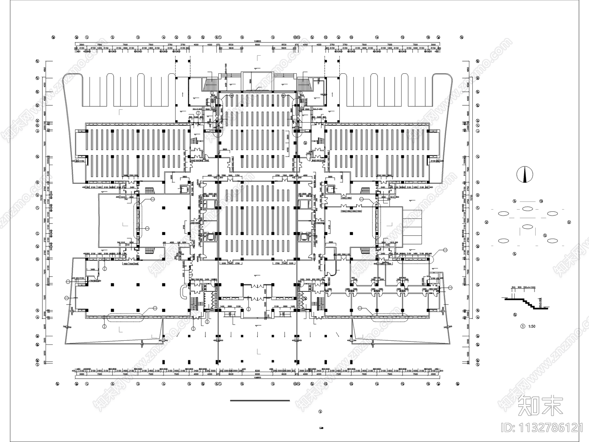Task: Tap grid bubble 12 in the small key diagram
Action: tap(541, 201)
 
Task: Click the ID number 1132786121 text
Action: tap(543, 428)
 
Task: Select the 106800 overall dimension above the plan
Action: tap(257, 41)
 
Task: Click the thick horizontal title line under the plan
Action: tap(260, 400)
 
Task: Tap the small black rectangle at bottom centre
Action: tap(321, 428)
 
